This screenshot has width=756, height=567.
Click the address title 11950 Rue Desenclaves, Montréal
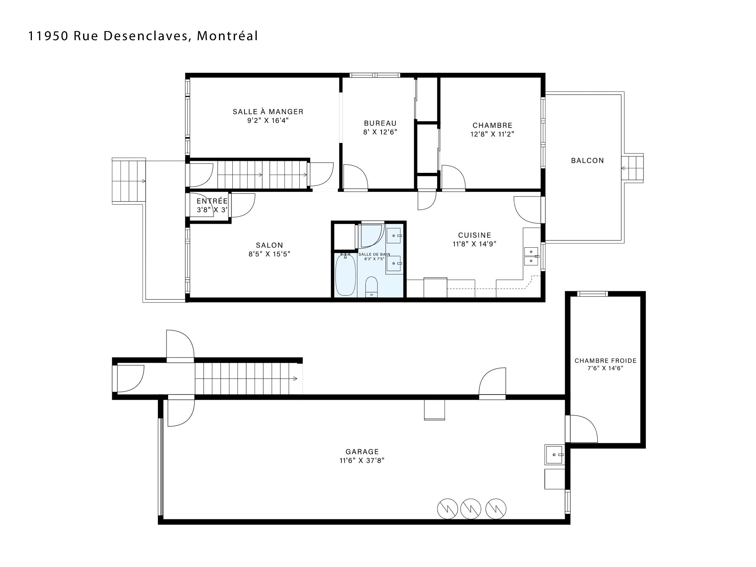point(143,36)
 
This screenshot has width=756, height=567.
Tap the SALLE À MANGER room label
point(268,112)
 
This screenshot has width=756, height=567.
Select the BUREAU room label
point(380,123)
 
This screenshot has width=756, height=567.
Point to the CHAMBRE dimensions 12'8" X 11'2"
point(493,134)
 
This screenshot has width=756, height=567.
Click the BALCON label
point(587,161)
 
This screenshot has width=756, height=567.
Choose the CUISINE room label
point(474,235)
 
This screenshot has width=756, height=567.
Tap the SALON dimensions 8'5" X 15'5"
point(269,254)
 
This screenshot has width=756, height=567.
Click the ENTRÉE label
point(212,201)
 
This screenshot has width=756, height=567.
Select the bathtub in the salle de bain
point(345,274)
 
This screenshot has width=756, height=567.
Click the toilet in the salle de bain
point(371,287)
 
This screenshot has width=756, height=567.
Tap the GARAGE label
point(362,452)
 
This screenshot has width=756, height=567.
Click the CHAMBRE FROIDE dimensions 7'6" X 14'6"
point(605,369)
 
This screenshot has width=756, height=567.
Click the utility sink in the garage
point(555,454)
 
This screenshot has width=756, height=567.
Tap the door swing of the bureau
point(356,177)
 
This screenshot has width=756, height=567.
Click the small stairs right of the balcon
point(632,168)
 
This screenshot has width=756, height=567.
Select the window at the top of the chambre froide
point(592,293)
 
